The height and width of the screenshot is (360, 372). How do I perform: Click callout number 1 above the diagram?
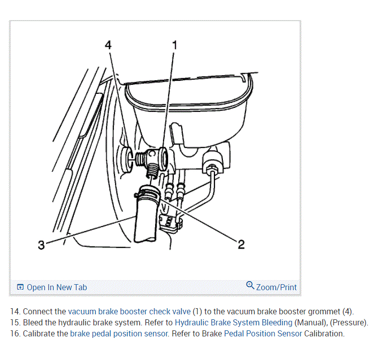click(x=174, y=45)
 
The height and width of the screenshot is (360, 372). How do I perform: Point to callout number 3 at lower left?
click(x=41, y=245)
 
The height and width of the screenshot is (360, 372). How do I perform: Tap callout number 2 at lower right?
click(x=241, y=245)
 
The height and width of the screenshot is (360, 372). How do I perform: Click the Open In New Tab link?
click(x=56, y=287)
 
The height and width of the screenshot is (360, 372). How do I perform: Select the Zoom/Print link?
click(x=276, y=287)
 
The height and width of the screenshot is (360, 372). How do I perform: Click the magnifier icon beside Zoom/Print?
click(x=250, y=286)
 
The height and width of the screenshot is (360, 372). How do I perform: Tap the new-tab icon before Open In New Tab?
click(x=20, y=287)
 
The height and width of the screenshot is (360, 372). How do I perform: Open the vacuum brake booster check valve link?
click(x=130, y=311)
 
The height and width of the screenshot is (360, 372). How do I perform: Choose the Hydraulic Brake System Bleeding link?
click(x=233, y=322)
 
